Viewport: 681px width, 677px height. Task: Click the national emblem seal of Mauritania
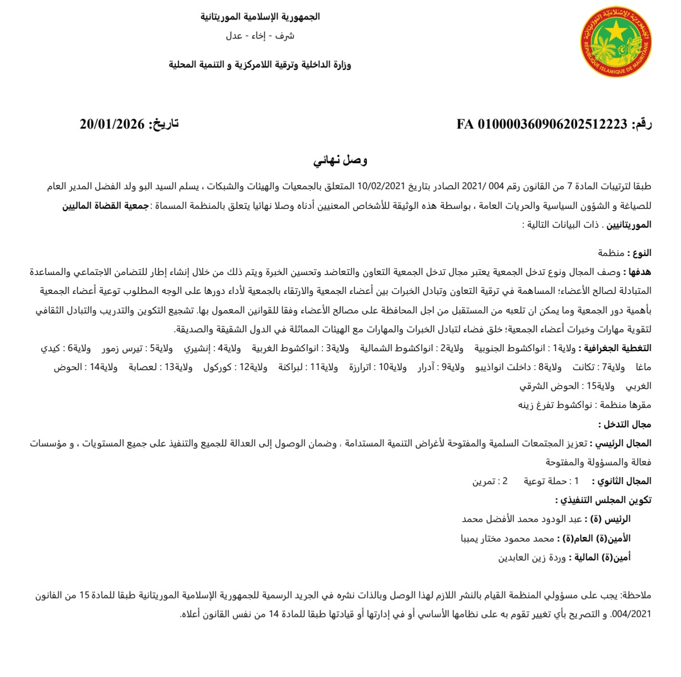tap(615, 42)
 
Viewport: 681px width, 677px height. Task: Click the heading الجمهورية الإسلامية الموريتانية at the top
tap(260, 17)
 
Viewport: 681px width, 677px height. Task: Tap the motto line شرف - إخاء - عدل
tap(260, 36)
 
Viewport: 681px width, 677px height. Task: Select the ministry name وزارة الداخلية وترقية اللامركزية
tap(260, 65)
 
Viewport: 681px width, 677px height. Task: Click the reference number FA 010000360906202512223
tap(542, 124)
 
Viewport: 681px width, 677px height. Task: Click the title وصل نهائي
tap(340, 161)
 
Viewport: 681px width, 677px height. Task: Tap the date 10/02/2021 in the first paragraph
tap(380, 187)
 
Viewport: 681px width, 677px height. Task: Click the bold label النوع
tap(640, 253)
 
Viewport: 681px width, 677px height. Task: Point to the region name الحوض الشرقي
tap(545, 386)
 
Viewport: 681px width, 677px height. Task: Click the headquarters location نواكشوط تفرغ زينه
tap(547, 405)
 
